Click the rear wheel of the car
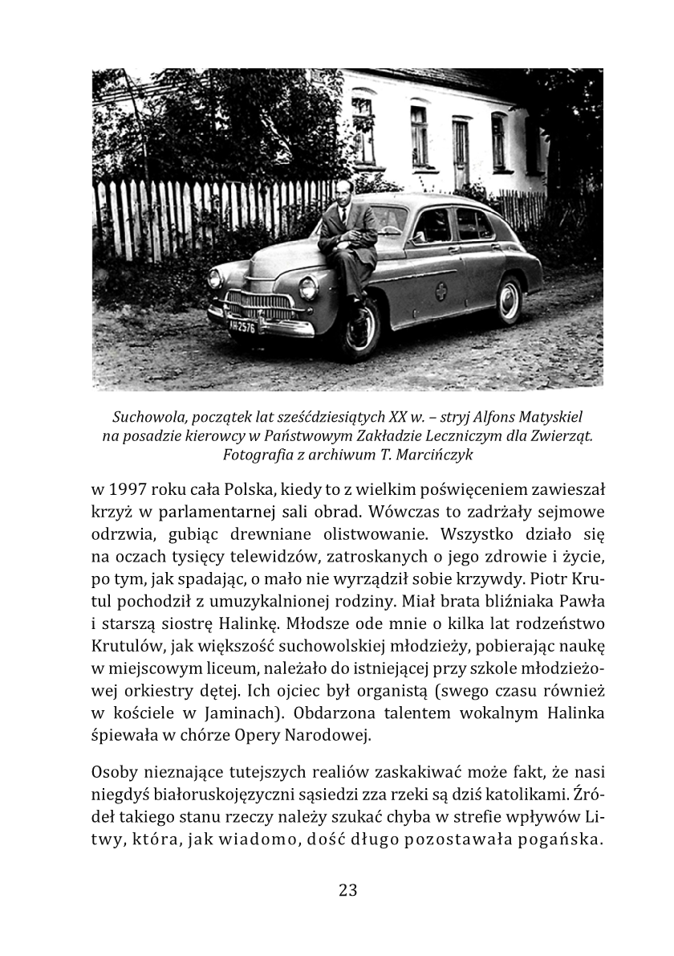click(x=509, y=300)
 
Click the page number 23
click(x=347, y=890)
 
